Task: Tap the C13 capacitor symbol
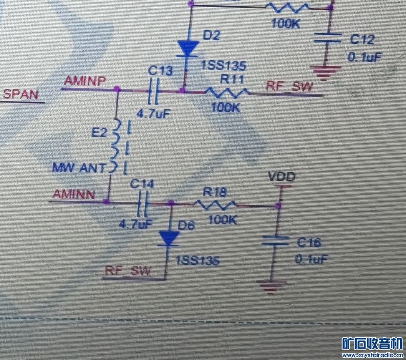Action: (155, 91)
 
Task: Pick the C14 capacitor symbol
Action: (143, 203)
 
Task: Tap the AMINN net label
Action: (74, 194)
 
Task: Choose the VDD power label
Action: (282, 178)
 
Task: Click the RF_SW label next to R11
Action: (289, 86)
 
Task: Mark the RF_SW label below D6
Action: (128, 271)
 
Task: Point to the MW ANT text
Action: (78, 168)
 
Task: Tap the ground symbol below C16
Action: (272, 286)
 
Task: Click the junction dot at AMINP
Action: (117, 89)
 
